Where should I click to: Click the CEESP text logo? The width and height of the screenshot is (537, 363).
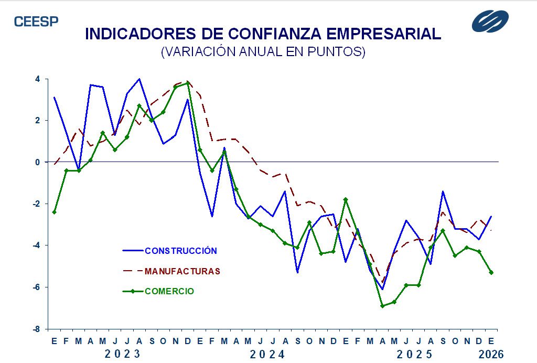coord(36,22)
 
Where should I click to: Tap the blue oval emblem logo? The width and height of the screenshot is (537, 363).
coord(490,22)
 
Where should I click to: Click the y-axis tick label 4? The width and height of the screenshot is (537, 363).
coord(38,79)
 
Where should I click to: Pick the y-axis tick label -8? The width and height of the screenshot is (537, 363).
coord(37,329)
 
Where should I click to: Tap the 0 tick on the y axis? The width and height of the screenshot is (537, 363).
coord(38,162)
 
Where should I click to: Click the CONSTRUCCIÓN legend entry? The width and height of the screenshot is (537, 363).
coord(180,251)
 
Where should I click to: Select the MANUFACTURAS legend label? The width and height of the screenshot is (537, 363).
coord(182,271)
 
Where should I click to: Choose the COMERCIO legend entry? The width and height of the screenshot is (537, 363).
coord(169,291)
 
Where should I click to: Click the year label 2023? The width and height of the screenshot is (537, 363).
coord(122,354)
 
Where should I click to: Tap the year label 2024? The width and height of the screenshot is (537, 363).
coord(267,354)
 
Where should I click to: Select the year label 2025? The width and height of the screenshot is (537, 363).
coord(415,354)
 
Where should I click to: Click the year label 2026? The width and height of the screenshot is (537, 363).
coord(491,354)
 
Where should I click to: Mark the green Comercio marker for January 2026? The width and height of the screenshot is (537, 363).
coord(491,272)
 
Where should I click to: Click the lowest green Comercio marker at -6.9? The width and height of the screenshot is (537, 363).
coord(382,306)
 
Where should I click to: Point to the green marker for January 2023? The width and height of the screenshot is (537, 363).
coord(54,212)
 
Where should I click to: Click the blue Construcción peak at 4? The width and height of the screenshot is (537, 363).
coord(139,79)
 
